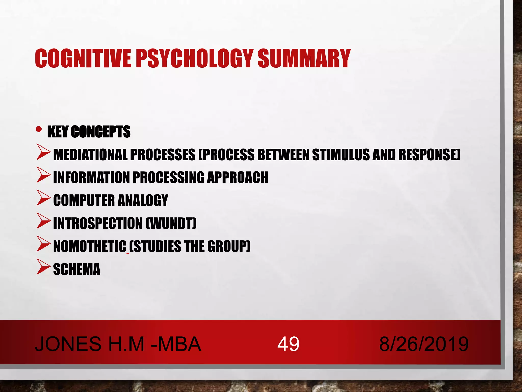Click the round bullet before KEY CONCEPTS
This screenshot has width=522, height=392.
click(39, 129)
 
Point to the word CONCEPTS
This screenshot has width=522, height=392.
click(101, 132)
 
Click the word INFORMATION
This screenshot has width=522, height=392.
click(91, 178)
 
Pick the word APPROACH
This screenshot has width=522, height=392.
click(238, 178)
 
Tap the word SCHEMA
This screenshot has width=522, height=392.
click(77, 269)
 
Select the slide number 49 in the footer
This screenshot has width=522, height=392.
click(288, 344)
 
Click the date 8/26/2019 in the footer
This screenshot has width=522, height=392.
click(424, 344)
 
